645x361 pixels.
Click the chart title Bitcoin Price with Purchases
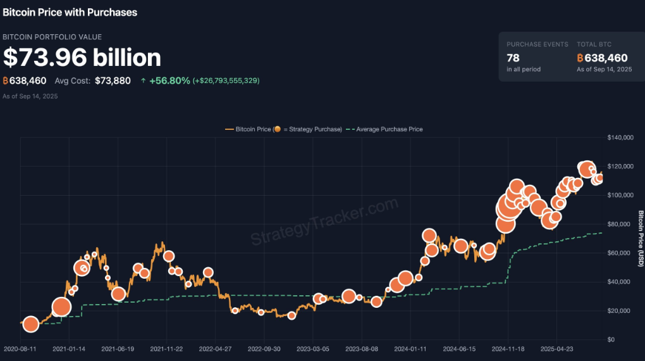click(x=70, y=12)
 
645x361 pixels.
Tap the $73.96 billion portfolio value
click(x=82, y=58)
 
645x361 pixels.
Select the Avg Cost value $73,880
click(x=113, y=80)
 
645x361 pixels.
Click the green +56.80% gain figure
click(x=169, y=80)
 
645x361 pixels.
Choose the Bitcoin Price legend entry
click(x=283, y=129)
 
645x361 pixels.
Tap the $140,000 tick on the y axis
click(x=620, y=137)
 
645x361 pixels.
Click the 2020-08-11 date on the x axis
click(x=20, y=349)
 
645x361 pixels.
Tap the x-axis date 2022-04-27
click(x=216, y=349)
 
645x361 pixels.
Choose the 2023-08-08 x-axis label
click(x=362, y=349)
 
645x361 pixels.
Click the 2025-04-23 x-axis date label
click(x=557, y=349)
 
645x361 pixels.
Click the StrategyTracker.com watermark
click(x=324, y=221)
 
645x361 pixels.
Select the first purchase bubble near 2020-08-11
click(x=30, y=324)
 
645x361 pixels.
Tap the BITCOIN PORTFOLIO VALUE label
click(x=52, y=37)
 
